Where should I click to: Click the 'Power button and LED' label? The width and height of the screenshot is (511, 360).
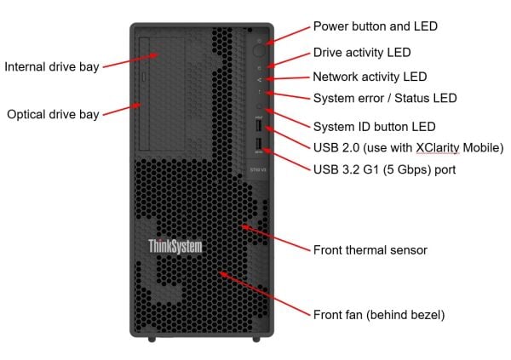(x=375, y=26)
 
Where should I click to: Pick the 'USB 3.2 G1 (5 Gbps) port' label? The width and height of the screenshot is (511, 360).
(x=384, y=169)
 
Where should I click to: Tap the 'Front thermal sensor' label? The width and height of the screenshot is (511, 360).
(x=370, y=250)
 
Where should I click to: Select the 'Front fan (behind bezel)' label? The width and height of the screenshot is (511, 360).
(x=379, y=315)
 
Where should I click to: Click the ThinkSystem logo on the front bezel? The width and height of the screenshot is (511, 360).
(x=175, y=247)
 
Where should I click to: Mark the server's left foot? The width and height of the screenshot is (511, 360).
(x=152, y=338)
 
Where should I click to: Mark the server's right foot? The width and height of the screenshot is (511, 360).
(x=256, y=338)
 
